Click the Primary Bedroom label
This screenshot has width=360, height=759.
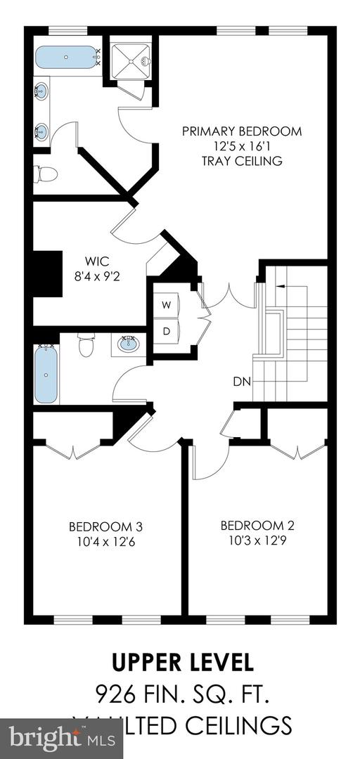click(x=241, y=131)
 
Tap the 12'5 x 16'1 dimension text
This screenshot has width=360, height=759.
click(x=241, y=146)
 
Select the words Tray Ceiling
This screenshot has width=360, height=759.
click(x=241, y=161)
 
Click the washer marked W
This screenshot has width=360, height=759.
click(x=167, y=305)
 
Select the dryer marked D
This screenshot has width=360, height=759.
click(x=167, y=330)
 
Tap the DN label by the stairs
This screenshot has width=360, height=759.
click(x=241, y=382)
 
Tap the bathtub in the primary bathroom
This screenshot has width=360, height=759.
click(x=65, y=56)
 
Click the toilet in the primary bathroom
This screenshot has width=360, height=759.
click(x=45, y=173)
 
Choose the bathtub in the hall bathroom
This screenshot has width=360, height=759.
click(x=46, y=374)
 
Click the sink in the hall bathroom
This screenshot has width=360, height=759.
click(x=129, y=344)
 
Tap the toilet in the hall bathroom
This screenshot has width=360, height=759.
click(x=86, y=344)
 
